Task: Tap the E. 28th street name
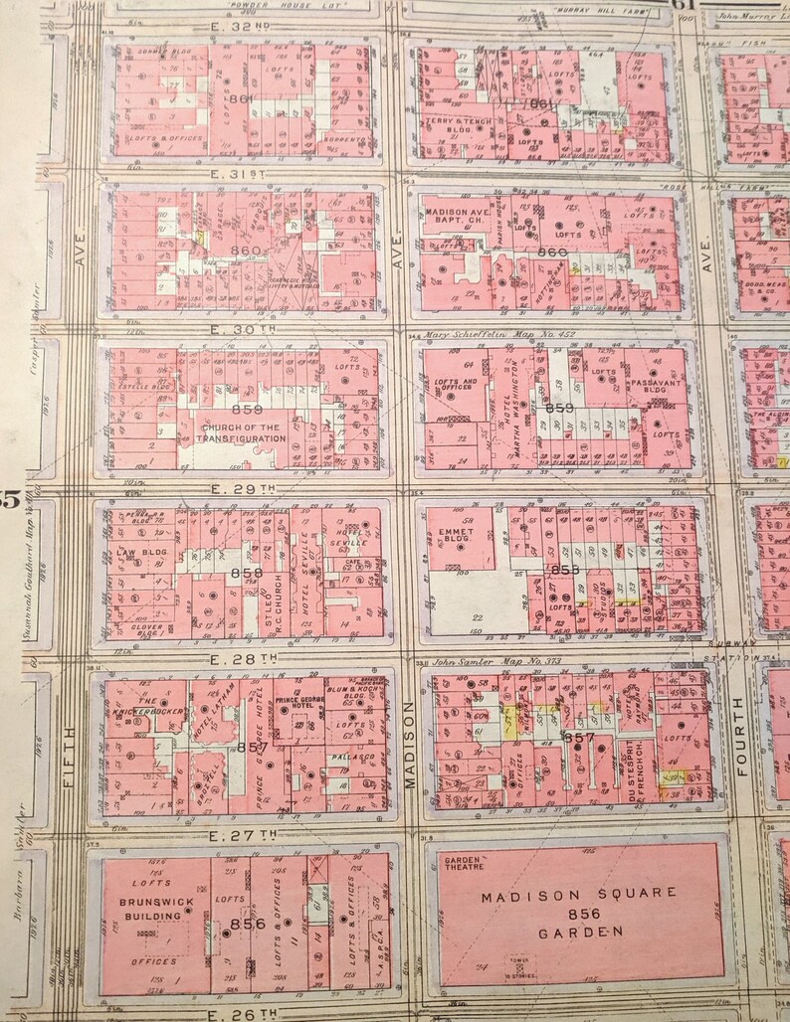pos(244,658)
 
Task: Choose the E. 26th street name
pos(244,1013)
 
